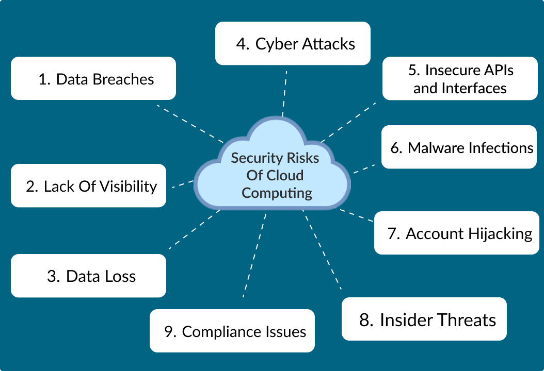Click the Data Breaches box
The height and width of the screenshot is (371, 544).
coord(93,78)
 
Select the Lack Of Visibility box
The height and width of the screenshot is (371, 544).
coord(89,185)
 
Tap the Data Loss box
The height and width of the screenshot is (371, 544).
coord(89,276)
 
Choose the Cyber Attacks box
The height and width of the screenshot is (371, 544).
coord(293,43)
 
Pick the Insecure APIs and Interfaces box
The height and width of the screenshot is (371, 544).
coord(459,78)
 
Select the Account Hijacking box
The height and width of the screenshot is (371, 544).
coord(453,233)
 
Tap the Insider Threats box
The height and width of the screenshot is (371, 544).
coord(424,319)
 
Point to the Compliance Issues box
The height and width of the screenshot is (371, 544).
coord(232,331)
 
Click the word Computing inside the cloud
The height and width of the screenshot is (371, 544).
coord(277,193)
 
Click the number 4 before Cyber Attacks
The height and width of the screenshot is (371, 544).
coord(241,44)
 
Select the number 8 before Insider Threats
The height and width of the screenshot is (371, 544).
coord(366,320)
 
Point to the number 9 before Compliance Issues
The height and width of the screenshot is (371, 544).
coord(169,331)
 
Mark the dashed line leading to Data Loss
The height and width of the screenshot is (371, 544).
coord(194,229)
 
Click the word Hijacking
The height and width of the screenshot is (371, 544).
coord(500,233)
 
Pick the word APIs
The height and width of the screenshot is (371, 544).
coord(495,70)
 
